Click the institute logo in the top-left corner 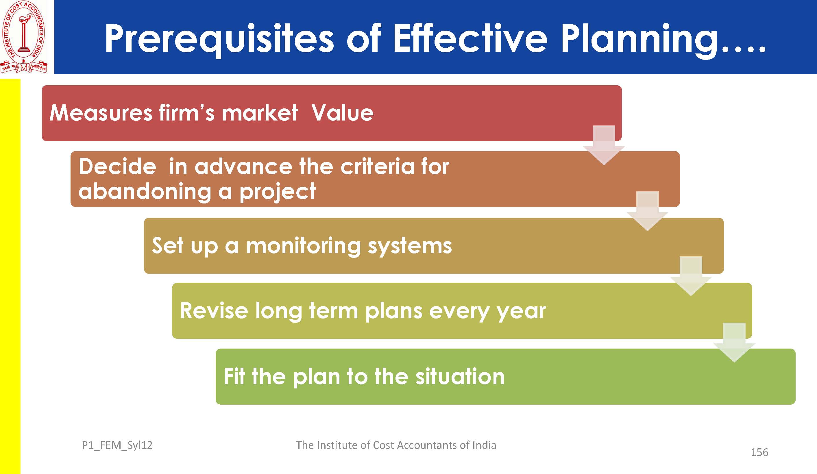tap(24, 37)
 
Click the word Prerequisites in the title tap(219, 40)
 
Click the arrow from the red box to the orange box tap(604, 145)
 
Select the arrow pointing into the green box tap(734, 342)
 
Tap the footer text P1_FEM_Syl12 tap(117, 445)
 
